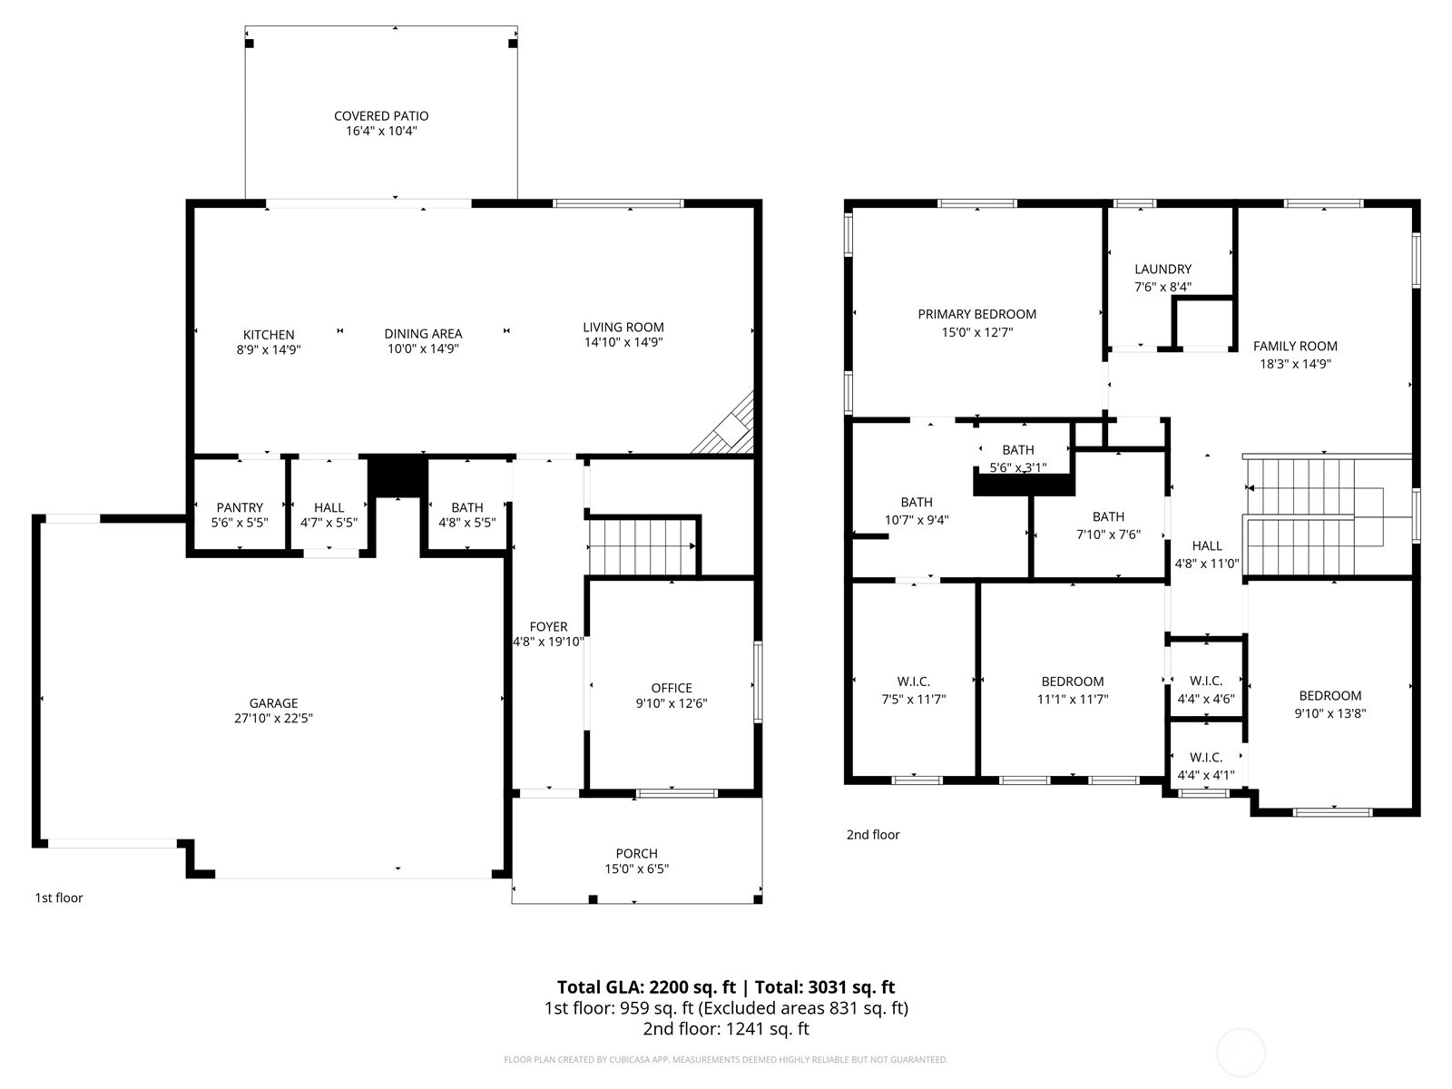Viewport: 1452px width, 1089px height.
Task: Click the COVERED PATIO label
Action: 381,116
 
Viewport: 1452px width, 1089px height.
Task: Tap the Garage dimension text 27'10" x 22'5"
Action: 273,718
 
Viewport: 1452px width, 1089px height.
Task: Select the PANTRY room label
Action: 240,507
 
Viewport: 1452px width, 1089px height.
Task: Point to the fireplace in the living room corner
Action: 725,424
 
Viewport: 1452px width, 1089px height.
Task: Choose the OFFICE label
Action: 672,688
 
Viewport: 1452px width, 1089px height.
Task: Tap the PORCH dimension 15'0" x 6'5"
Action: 636,868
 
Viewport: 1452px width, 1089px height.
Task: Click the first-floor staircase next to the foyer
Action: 642,547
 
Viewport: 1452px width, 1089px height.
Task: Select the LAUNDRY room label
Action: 1163,270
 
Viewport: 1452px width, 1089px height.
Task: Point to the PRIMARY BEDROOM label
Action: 977,314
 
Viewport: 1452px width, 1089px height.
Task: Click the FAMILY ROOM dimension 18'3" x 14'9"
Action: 1295,364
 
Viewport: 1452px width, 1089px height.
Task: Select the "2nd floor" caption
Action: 873,834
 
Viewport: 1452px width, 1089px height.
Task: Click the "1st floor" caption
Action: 59,898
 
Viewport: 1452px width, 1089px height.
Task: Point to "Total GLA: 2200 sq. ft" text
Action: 646,987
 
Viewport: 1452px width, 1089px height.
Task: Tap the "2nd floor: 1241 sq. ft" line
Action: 726,1029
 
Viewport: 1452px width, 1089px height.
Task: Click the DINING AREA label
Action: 424,334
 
